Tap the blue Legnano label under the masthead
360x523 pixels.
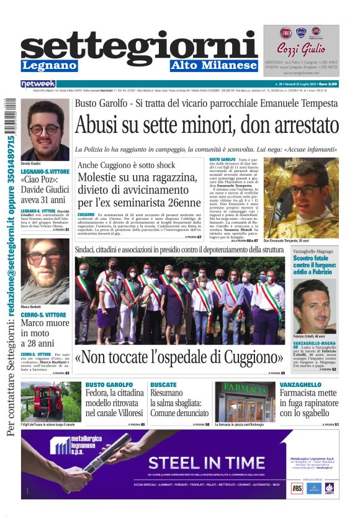click(49, 65)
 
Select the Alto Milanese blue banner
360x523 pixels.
click(214, 65)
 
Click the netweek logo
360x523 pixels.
click(38, 84)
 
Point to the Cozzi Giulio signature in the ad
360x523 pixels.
click(300, 50)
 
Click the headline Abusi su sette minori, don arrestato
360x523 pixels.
click(205, 125)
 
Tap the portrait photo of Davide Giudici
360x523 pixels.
click(45, 130)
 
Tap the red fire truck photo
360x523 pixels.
click(51, 401)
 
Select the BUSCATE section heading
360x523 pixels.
click(163, 385)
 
